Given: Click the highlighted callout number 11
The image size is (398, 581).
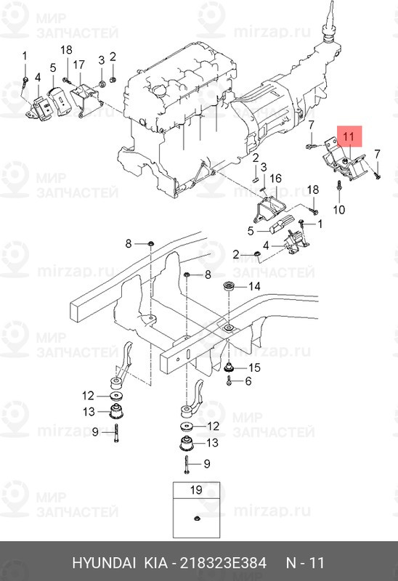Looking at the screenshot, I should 348,135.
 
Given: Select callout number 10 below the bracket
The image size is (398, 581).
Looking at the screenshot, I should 338,210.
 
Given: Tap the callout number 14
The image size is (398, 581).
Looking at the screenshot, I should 254,287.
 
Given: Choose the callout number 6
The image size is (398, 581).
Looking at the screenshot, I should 248,381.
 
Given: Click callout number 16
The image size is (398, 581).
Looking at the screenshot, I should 275,179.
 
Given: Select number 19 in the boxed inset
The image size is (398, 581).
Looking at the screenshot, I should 195,491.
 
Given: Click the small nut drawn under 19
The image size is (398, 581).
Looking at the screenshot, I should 198,518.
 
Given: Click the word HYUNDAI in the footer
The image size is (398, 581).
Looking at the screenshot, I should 101,563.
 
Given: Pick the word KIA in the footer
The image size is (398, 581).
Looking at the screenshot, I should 152,563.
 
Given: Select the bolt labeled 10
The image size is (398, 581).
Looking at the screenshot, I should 340,190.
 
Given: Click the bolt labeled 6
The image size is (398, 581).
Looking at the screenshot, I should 231,381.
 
